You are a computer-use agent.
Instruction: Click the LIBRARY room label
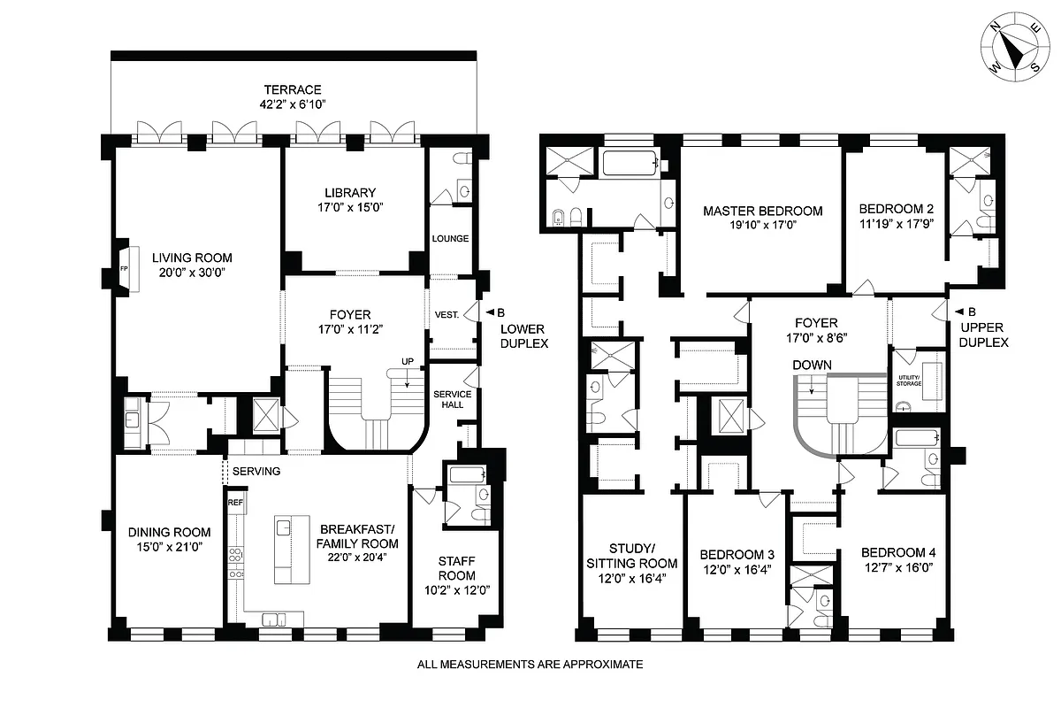350,192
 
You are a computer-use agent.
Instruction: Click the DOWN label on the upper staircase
813,365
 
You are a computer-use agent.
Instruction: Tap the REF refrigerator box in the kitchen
235,503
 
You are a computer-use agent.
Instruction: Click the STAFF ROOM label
457,568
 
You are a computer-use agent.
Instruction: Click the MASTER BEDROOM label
762,211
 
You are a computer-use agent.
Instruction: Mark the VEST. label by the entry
445,314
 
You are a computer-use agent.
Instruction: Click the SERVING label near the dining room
257,471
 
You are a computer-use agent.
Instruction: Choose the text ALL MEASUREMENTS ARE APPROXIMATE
530,664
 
